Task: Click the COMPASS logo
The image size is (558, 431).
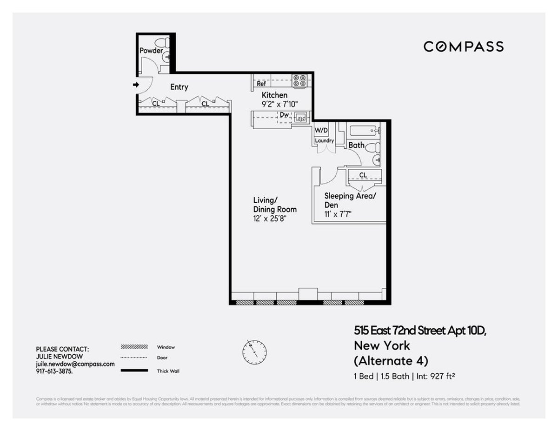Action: (x=463, y=46)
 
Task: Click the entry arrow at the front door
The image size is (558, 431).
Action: (x=136, y=85)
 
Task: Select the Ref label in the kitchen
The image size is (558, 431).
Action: (x=261, y=84)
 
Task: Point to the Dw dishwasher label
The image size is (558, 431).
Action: (x=284, y=114)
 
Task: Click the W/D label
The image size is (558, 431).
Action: (x=321, y=131)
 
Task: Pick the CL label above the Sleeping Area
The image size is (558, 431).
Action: (x=363, y=175)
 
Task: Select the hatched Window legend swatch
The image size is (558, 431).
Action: (x=134, y=347)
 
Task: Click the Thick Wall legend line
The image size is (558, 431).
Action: (x=134, y=371)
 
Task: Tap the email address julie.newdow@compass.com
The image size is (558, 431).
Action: (x=75, y=364)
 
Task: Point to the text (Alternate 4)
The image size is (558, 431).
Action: (x=391, y=360)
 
